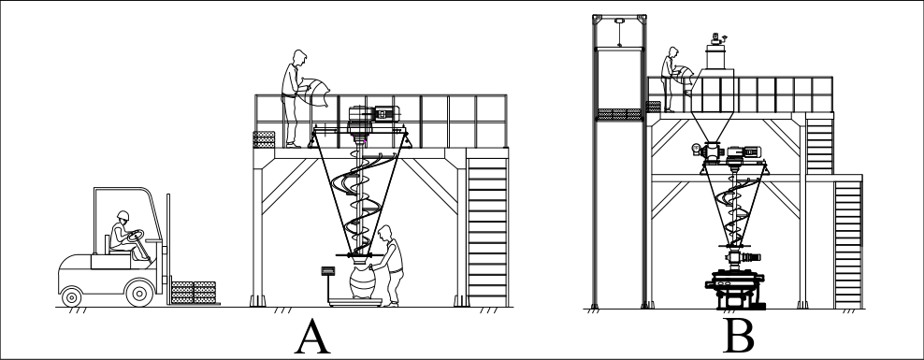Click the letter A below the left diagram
[x=312, y=336]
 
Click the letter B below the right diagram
[x=738, y=336]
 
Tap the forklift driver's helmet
[x=123, y=216]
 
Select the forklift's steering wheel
[x=136, y=237]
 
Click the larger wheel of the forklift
[x=139, y=293]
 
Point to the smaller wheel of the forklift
[x=72, y=296]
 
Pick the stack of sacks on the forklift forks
[x=194, y=293]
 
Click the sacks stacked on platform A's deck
[x=264, y=139]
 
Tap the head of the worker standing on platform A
[x=299, y=57]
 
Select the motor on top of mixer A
[x=373, y=116]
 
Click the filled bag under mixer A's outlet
[x=363, y=281]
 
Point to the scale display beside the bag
[x=328, y=271]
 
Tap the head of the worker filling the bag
[x=384, y=233]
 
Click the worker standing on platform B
[x=670, y=79]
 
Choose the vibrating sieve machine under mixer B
[x=735, y=289]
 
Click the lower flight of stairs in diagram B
[x=848, y=244]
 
